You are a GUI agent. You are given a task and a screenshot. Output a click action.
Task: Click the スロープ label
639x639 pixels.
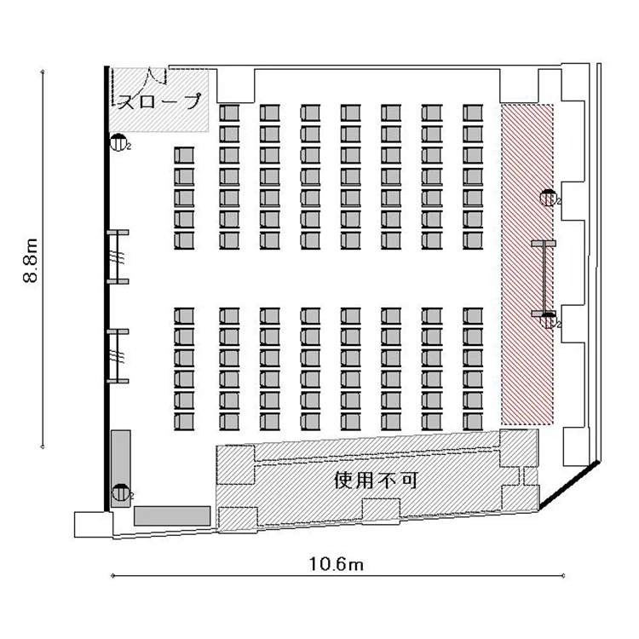point(160,101)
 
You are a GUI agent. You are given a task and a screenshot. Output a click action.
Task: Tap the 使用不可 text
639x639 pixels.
point(376,481)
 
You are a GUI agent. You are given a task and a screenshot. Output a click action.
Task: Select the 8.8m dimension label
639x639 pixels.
point(31,260)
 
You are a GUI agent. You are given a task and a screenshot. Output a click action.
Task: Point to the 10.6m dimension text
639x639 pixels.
point(337,564)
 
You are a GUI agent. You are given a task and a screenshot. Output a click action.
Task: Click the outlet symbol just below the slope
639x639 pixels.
point(118,142)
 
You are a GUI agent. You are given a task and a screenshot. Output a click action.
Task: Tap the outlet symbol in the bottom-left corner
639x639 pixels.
point(121,492)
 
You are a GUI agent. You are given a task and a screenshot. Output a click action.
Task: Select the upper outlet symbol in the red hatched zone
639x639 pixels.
point(549,198)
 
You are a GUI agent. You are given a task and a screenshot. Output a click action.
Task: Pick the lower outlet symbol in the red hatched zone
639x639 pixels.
point(549,319)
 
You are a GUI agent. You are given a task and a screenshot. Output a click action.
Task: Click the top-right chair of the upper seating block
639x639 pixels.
point(473,112)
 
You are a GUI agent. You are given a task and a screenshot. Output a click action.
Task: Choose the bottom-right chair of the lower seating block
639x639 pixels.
point(473,422)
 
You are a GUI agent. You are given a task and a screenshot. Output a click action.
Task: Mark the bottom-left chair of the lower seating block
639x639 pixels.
point(184,422)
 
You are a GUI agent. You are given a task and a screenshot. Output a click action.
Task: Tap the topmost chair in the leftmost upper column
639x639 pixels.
point(184,155)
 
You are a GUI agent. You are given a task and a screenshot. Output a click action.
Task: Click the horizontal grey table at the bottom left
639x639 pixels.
point(172,515)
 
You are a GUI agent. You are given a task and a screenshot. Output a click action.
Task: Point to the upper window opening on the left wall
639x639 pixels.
point(118,256)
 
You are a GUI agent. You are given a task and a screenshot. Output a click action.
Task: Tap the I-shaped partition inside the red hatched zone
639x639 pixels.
point(544,279)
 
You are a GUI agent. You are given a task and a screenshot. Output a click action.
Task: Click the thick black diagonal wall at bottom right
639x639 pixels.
point(569,485)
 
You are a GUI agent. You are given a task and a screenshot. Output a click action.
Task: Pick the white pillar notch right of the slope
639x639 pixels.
point(236,85)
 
